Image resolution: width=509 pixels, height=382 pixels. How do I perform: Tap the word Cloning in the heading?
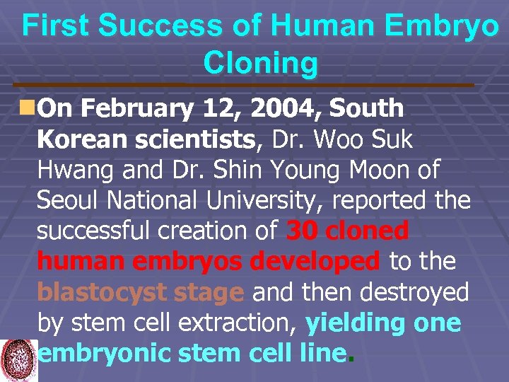(260, 63)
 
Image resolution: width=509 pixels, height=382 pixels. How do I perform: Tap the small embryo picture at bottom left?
(19, 360)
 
